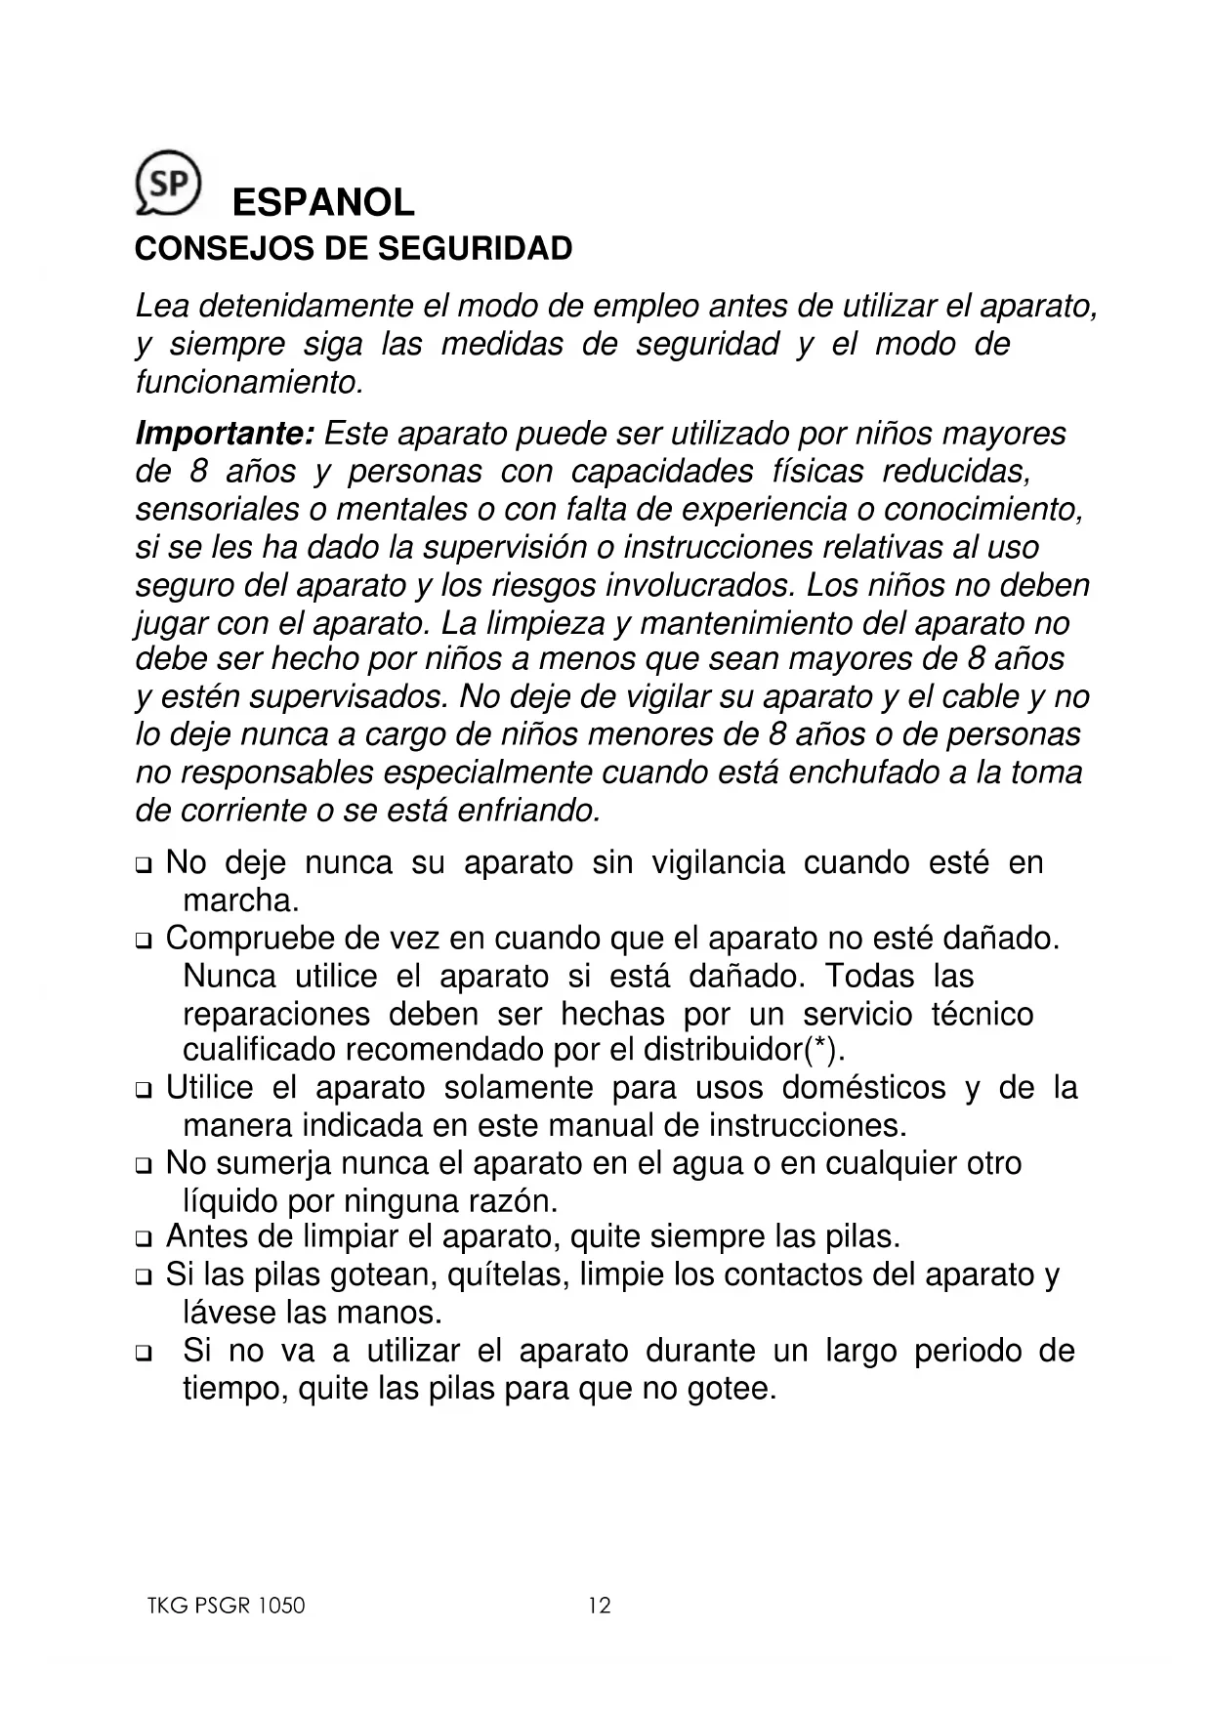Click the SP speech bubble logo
(x=168, y=182)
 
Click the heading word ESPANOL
(x=323, y=203)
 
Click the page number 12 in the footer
(x=600, y=1606)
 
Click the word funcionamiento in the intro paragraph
(x=248, y=382)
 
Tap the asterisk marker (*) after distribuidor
(x=821, y=1050)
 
